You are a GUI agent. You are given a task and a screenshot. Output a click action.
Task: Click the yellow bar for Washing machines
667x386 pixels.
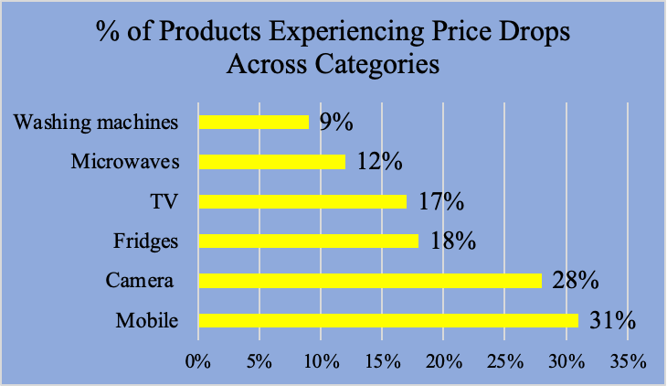click(253, 122)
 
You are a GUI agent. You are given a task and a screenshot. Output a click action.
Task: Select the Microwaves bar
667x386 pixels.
click(271, 162)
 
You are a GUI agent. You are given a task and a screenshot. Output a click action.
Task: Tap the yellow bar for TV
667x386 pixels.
click(302, 201)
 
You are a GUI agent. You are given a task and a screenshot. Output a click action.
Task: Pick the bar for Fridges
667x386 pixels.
click(308, 241)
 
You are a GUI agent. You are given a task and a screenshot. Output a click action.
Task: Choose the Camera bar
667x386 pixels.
click(369, 281)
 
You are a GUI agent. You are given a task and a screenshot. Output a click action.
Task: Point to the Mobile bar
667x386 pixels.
click(387, 320)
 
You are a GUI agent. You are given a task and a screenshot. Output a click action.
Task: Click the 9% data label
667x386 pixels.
click(335, 122)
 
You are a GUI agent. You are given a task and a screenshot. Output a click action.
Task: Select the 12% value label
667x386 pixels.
click(379, 162)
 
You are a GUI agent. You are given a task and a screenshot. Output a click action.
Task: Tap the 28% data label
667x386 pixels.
click(576, 281)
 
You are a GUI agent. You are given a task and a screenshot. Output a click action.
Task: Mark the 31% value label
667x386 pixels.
click(612, 320)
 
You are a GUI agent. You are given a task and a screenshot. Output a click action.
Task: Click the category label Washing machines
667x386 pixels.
click(94, 122)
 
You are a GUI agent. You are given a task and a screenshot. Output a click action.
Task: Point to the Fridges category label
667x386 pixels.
click(144, 241)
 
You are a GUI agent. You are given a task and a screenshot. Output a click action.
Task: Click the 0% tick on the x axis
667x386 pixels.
click(198, 361)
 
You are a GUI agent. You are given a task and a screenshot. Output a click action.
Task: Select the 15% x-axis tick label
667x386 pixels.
click(382, 361)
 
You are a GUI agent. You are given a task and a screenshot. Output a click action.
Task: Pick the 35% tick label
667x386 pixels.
click(628, 361)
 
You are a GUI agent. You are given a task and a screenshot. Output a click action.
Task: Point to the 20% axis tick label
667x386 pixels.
click(443, 361)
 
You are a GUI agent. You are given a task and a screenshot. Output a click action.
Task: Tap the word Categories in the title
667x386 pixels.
click(375, 67)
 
